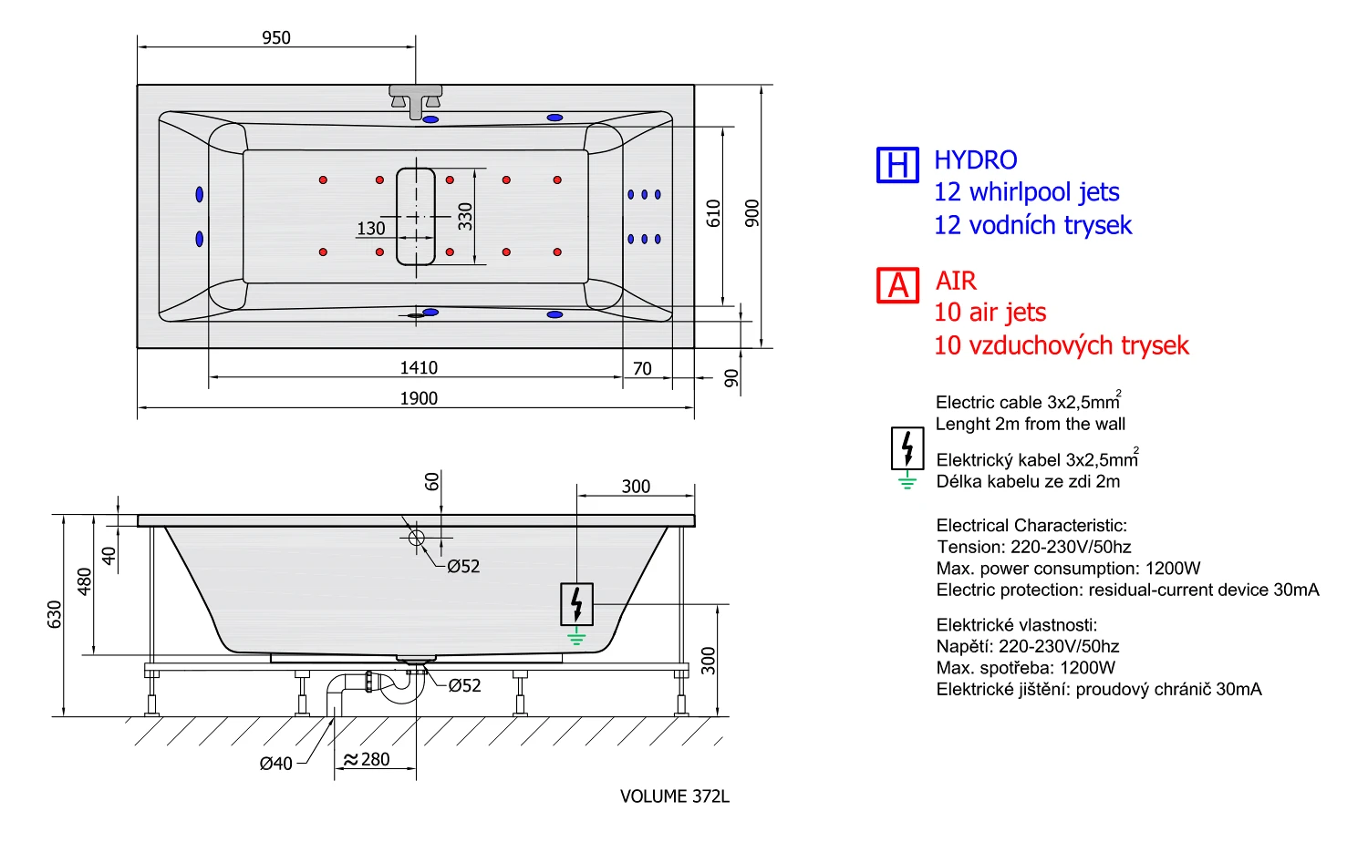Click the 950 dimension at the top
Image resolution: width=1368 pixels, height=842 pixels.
pos(276,38)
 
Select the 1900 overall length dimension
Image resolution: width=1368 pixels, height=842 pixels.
pos(419,398)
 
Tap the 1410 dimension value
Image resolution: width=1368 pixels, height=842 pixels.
pos(419,368)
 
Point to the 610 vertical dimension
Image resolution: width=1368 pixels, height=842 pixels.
pos(713,213)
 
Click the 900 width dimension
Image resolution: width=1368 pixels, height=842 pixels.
pos(752,213)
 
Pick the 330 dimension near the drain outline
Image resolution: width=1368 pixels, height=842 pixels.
pos(465,217)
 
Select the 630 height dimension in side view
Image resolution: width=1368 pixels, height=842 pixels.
pos(55,614)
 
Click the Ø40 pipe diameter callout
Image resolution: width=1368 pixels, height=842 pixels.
pos(276,764)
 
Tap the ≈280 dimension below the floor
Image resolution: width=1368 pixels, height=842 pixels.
pos(367,760)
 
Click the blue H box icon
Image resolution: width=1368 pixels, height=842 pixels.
pos(897,165)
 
